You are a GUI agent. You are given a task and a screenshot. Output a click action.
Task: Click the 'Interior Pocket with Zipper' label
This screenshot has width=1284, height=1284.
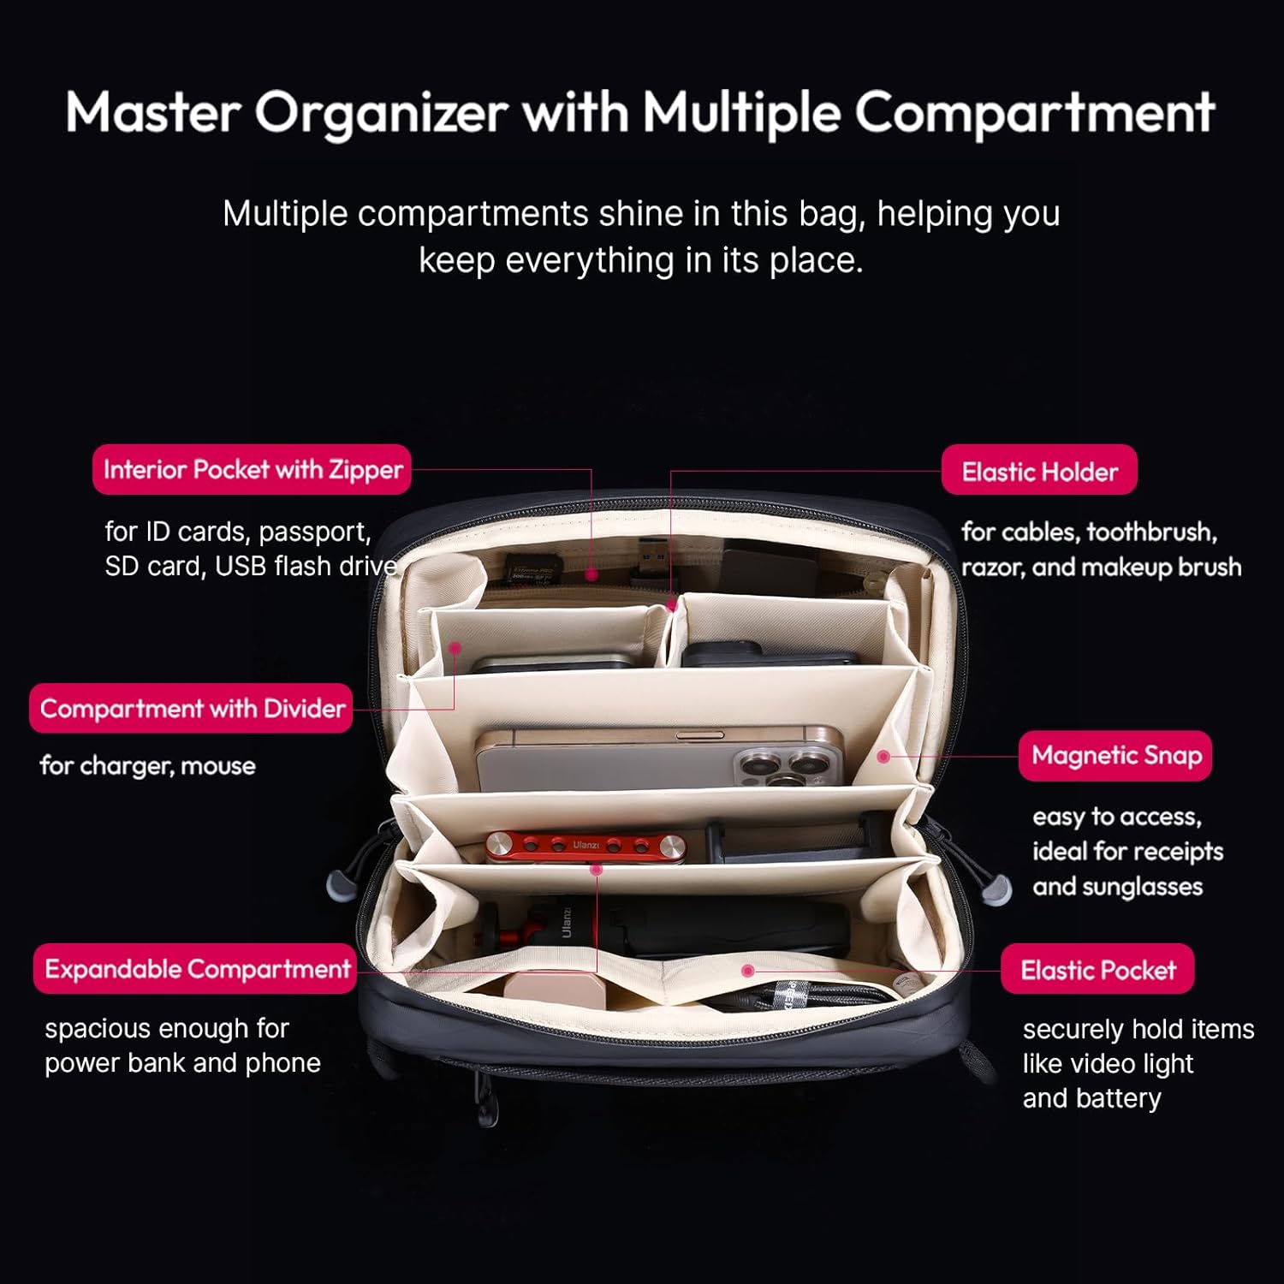click(252, 469)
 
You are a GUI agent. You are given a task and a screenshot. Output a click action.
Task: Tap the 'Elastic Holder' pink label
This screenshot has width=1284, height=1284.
click(1039, 470)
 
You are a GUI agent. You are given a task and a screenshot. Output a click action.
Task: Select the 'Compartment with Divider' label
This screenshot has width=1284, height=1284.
click(191, 708)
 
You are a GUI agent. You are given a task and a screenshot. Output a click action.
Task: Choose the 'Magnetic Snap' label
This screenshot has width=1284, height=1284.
click(1115, 755)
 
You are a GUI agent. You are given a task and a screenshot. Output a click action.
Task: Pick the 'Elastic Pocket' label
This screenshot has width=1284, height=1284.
click(1097, 969)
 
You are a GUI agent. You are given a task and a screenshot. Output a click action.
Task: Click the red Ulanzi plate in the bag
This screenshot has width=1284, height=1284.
click(586, 846)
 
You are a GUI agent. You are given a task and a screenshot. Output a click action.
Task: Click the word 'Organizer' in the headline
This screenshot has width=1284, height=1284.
click(382, 113)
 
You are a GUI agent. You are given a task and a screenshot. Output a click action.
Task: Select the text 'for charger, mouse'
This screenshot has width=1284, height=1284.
click(148, 765)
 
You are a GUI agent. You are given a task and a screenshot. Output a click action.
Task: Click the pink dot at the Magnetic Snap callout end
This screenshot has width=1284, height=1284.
click(883, 757)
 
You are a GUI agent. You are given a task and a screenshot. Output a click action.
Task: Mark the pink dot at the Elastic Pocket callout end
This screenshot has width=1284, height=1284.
click(747, 971)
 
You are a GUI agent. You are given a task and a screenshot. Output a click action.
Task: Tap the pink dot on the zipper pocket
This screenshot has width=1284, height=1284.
click(591, 575)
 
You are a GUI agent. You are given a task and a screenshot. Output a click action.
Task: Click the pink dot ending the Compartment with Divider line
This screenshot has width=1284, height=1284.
click(455, 648)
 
